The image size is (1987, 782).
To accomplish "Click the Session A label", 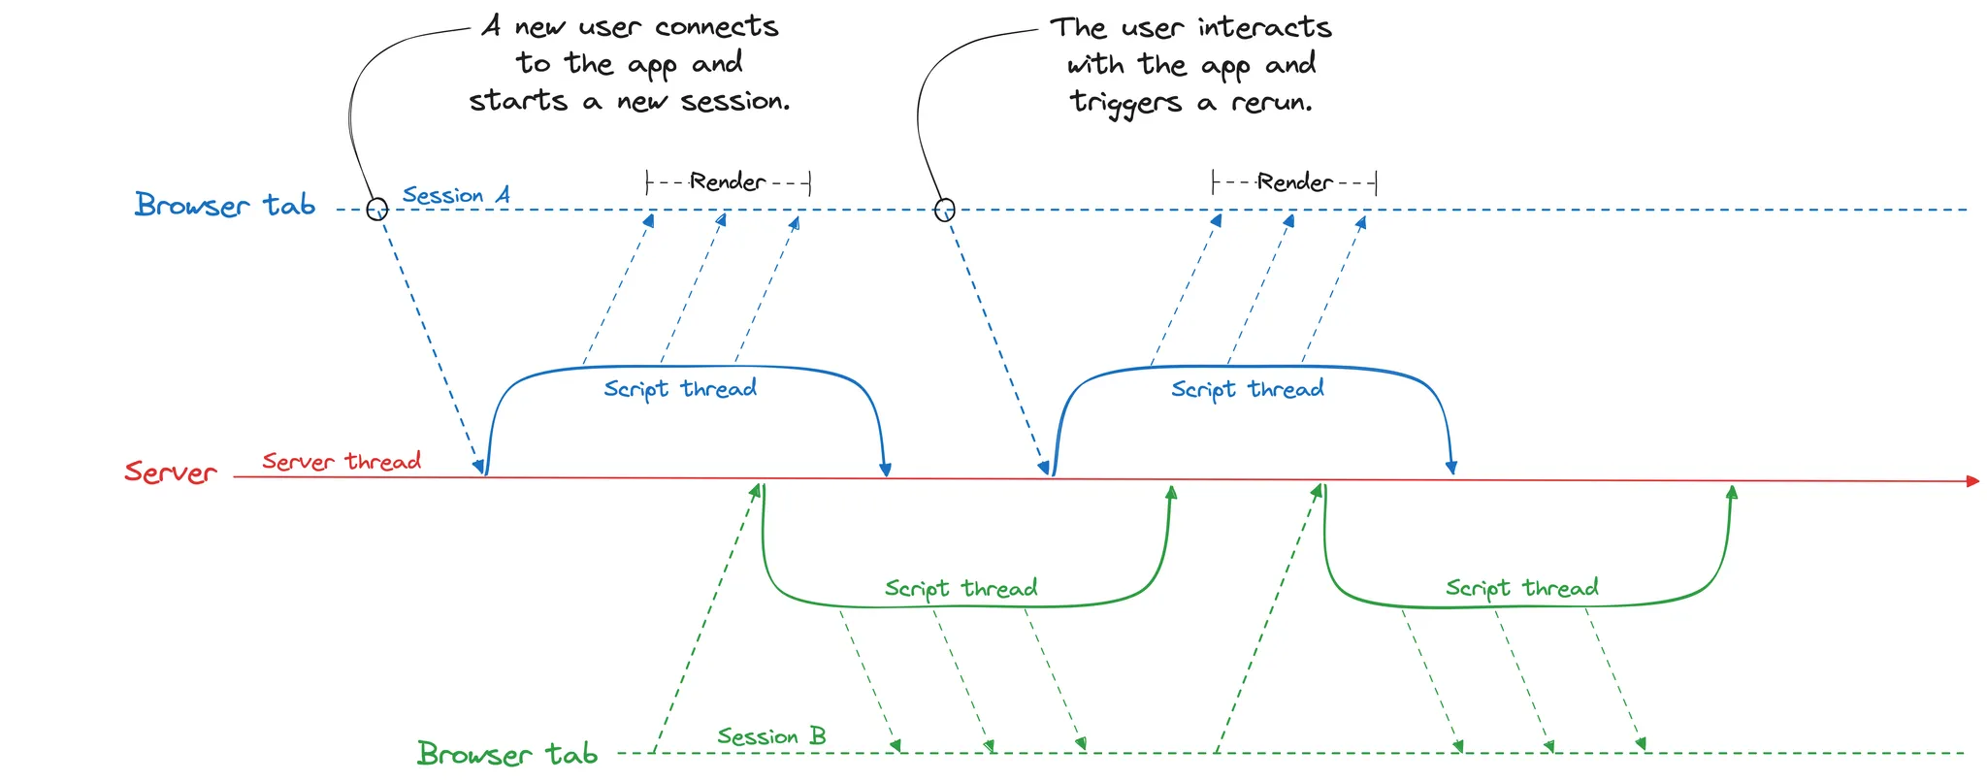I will click(456, 195).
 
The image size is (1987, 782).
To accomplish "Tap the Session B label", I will click(771, 736).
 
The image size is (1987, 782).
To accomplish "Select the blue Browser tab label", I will click(225, 205).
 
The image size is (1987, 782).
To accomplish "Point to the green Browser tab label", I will click(506, 754).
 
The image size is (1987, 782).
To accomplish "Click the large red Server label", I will click(171, 472).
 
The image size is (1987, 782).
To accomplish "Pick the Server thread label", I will click(342, 461).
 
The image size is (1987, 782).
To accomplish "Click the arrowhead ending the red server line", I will click(1971, 480).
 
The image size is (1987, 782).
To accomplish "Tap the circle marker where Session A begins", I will click(377, 209).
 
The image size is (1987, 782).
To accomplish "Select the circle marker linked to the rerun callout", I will click(944, 210).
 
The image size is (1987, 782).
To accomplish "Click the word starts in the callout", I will click(518, 101).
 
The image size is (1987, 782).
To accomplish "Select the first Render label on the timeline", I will click(728, 181).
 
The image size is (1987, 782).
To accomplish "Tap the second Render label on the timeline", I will click(1294, 181).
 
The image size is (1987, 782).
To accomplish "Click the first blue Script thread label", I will click(680, 389).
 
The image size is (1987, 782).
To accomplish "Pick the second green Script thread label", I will click(1521, 588).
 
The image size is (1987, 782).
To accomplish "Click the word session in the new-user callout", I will click(735, 101).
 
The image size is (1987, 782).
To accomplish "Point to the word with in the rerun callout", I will click(1094, 65).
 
